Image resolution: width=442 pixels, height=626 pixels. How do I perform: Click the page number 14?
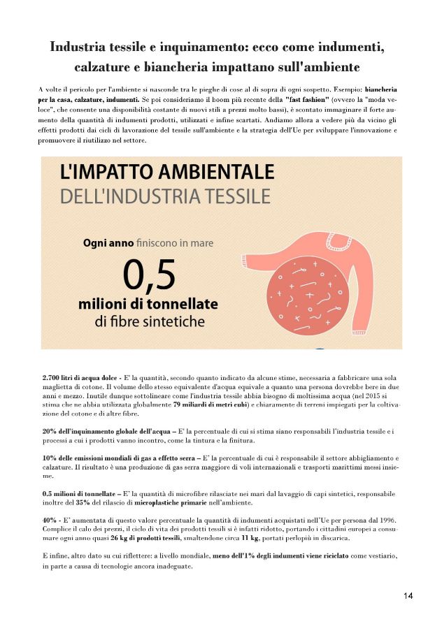pos(408,595)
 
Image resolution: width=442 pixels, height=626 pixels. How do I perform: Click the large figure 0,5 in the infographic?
pos(149,275)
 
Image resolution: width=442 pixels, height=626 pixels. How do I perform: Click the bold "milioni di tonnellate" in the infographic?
pos(148,305)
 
